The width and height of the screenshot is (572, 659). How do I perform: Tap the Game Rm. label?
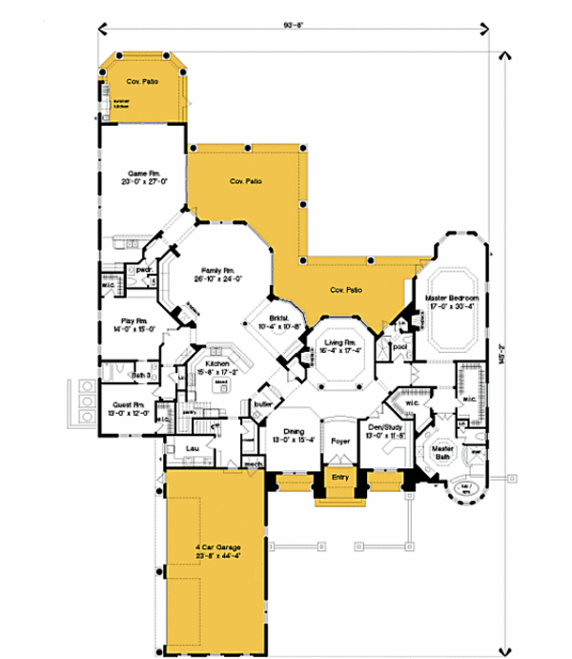point(138,174)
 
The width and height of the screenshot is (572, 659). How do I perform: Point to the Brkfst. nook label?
point(278,319)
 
